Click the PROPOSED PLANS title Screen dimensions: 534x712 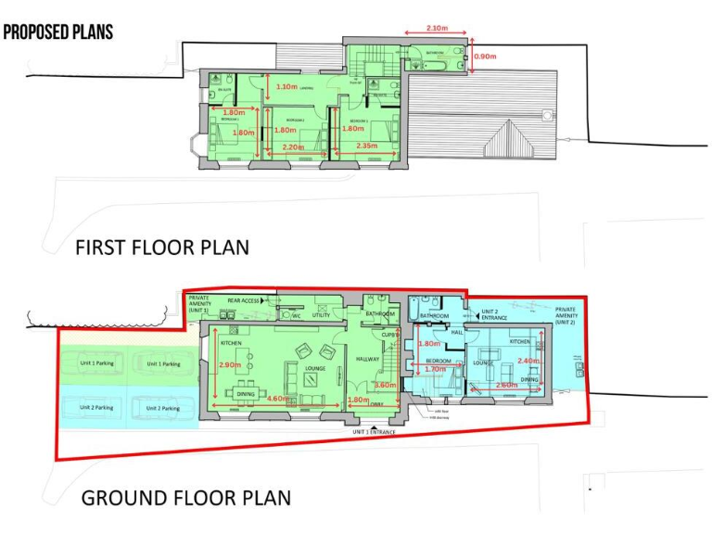point(57,32)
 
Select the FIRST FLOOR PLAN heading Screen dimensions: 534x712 point(161,248)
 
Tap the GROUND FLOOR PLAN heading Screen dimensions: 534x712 point(185,497)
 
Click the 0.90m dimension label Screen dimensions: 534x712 point(485,57)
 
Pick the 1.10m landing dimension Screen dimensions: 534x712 point(286,86)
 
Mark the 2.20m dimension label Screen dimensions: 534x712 point(292,146)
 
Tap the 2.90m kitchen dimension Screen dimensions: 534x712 point(231,366)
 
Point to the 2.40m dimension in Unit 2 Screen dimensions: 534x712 point(528,361)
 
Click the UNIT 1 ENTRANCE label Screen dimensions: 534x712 point(374,433)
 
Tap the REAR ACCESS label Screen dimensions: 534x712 point(235,300)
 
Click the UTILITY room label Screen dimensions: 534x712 point(321,315)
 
